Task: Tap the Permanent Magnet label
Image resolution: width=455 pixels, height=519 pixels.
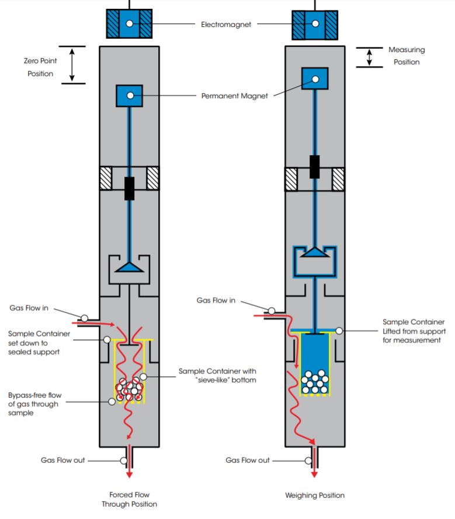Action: click(x=234, y=95)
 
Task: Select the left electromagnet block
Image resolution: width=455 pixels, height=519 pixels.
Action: click(x=128, y=24)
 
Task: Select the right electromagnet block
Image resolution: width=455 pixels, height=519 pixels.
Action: click(x=315, y=25)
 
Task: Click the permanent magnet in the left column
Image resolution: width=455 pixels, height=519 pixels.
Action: click(x=129, y=95)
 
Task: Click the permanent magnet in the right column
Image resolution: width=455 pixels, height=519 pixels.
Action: click(x=314, y=78)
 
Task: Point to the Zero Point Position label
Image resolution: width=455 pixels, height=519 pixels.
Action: click(x=40, y=67)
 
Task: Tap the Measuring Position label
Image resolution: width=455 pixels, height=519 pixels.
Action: click(x=407, y=56)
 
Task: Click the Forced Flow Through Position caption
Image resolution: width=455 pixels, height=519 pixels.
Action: click(x=129, y=499)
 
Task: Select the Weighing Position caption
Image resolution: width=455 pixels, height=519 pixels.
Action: click(x=315, y=495)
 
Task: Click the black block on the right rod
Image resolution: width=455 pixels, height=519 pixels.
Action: click(x=315, y=166)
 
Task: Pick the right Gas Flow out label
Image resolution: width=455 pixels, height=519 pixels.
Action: click(x=248, y=460)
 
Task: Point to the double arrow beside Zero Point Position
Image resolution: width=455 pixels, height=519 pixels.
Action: click(x=72, y=65)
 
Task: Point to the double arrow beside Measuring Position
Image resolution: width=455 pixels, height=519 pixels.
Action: click(x=369, y=57)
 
